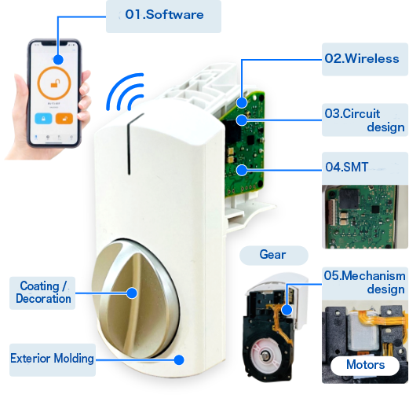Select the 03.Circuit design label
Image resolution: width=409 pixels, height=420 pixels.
tap(364, 120)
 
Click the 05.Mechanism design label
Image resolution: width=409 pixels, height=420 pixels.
tap(364, 283)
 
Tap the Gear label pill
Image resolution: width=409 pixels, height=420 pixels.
tap(273, 255)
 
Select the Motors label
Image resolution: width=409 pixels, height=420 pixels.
tap(365, 366)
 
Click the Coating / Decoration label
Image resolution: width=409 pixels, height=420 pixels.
tap(42, 293)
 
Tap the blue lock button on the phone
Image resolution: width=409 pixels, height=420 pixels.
tap(43, 119)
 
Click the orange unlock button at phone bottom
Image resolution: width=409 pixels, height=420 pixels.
tap(64, 119)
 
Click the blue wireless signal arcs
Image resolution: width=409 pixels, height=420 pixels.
tap(125, 91)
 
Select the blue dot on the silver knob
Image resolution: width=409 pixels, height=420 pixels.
tap(132, 293)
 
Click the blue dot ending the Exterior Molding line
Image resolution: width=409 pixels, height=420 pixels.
tap(179, 359)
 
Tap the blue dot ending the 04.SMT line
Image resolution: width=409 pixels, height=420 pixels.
tap(242, 170)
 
